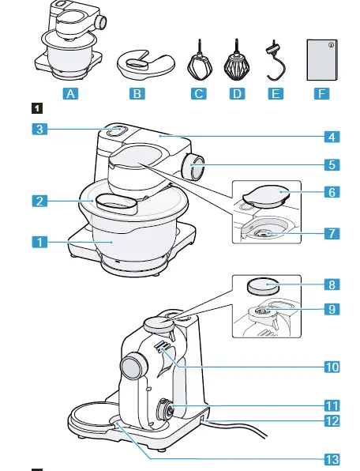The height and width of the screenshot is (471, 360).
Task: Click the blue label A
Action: click(x=72, y=93)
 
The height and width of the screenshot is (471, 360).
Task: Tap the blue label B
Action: click(x=139, y=93)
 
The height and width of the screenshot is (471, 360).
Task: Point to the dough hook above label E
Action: click(x=276, y=59)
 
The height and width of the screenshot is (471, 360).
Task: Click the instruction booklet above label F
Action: click(x=323, y=57)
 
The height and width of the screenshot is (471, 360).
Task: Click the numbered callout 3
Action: click(x=46, y=130)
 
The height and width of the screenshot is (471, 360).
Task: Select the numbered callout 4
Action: click(x=335, y=135)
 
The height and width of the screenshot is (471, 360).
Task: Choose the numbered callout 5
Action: click(x=335, y=165)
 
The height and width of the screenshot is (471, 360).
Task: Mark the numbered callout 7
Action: click(x=335, y=234)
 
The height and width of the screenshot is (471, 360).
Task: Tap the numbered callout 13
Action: click(x=335, y=457)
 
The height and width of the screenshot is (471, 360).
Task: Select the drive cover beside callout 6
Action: click(x=264, y=193)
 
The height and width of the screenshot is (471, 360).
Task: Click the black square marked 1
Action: click(x=35, y=108)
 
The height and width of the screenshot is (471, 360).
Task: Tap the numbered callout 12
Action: click(x=335, y=420)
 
